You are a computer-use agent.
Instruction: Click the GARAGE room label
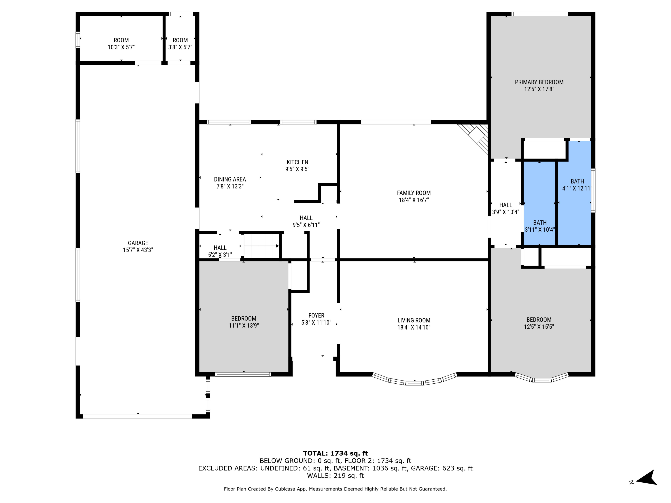point(138,243)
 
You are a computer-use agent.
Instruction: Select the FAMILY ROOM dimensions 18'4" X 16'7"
point(414,200)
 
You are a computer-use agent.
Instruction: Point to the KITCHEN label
point(297,162)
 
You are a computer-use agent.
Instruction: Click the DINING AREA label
point(230,179)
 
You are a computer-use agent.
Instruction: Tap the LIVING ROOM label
point(414,320)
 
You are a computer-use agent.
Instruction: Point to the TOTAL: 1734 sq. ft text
point(335,453)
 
